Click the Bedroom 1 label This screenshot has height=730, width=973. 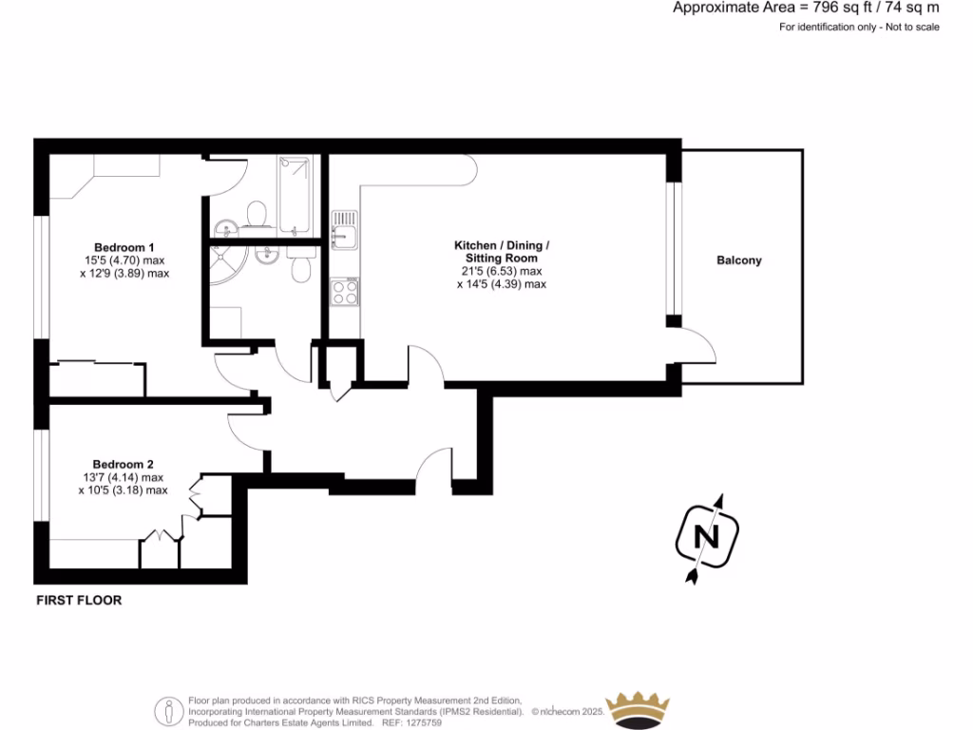tap(118, 246)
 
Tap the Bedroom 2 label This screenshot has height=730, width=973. tap(118, 464)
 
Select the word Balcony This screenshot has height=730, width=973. tap(739, 260)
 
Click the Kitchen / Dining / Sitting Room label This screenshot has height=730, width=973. tap(501, 252)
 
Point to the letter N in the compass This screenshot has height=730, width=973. tap(706, 538)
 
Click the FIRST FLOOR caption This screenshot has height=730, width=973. tap(79, 601)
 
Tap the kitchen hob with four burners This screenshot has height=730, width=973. tap(344, 292)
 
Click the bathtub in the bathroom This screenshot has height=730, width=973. tap(295, 196)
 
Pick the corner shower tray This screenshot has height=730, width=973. tap(226, 265)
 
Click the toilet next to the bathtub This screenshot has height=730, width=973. tap(255, 215)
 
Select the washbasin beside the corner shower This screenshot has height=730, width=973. tap(269, 254)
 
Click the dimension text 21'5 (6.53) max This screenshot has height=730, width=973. tap(501, 271)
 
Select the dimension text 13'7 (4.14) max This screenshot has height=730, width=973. tap(123, 477)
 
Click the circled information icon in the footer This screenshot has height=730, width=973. tap(168, 711)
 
